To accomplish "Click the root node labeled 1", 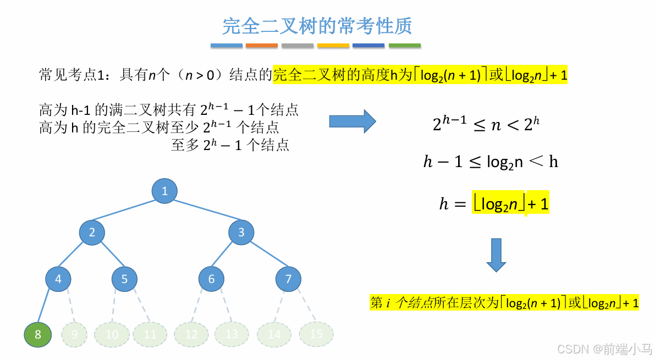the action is (x=164, y=191).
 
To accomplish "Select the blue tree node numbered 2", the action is (x=92, y=232).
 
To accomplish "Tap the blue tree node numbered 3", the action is (x=241, y=232).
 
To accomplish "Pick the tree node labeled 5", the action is (x=124, y=279).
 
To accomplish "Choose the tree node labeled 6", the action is (x=211, y=279).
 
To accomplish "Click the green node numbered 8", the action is (x=37, y=334).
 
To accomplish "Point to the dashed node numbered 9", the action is (x=74, y=334).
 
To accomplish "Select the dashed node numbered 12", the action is (x=191, y=334).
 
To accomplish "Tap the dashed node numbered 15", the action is (x=316, y=334).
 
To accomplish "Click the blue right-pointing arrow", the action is (x=352, y=121).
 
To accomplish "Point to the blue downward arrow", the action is (x=496, y=254).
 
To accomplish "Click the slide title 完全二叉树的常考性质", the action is (x=317, y=25).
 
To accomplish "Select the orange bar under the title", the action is (x=262, y=46).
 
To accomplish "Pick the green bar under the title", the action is (x=405, y=46).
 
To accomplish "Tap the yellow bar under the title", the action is (x=333, y=46).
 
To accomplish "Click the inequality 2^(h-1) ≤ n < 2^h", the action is (x=486, y=124).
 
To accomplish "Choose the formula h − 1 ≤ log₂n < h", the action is (x=490, y=162).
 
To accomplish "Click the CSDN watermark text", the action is (x=604, y=348).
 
